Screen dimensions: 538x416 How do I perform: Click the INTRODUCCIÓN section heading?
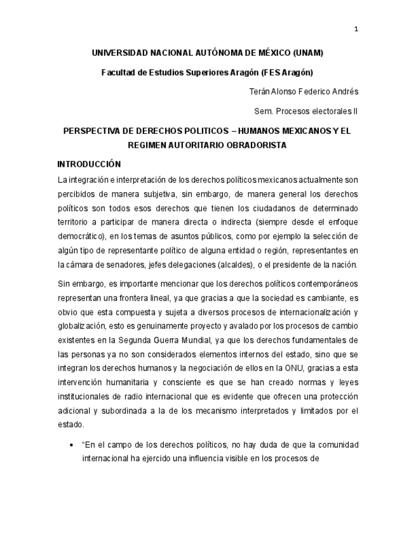pyautogui.click(x=89, y=164)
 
